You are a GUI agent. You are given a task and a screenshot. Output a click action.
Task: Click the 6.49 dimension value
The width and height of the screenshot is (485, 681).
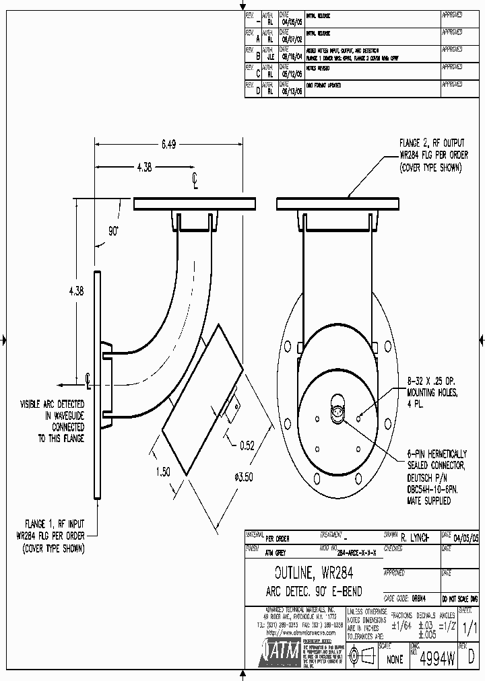pyautogui.click(x=168, y=144)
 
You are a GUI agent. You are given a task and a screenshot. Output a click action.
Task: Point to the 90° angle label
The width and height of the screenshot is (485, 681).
pyautogui.click(x=113, y=230)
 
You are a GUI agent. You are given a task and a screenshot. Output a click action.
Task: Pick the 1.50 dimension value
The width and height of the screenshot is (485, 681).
pyautogui.click(x=163, y=472)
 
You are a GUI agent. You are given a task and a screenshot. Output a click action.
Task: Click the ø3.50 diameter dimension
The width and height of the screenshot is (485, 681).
pyautogui.click(x=244, y=477)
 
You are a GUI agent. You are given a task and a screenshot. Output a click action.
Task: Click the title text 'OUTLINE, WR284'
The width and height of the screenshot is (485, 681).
pyautogui.click(x=314, y=573)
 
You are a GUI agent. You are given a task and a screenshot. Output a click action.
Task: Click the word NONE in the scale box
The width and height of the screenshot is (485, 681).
pyautogui.click(x=395, y=659)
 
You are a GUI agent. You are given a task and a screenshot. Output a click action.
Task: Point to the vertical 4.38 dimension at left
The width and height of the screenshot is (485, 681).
pyautogui.click(x=76, y=291)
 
